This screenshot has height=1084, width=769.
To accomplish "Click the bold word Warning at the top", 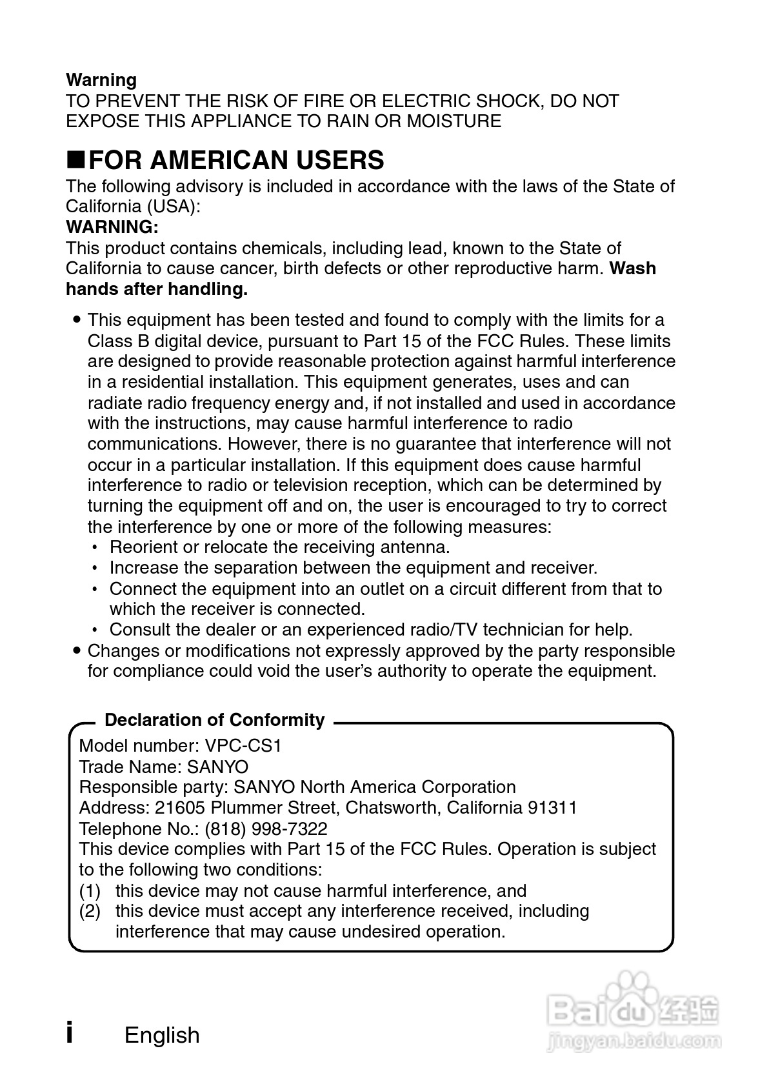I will [101, 80].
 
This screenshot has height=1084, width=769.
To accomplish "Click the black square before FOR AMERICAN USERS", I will [75, 159].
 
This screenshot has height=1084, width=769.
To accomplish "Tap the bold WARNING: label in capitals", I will [112, 227].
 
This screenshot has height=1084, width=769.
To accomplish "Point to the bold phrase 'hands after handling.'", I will [157, 289].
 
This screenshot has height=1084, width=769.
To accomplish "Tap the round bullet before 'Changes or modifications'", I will [77, 650].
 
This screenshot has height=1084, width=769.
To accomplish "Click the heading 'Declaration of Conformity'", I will [214, 720].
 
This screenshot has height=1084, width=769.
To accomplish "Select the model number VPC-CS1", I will [243, 746].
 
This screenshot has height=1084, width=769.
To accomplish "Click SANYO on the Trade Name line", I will [217, 767].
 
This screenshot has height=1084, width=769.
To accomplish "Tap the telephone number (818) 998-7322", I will [266, 828].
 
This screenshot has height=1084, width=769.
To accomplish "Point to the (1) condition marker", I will [90, 891].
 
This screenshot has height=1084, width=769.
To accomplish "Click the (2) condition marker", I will [90, 912].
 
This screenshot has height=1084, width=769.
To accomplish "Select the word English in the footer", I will [162, 1035].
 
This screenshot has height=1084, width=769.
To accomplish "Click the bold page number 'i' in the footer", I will [70, 1032].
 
